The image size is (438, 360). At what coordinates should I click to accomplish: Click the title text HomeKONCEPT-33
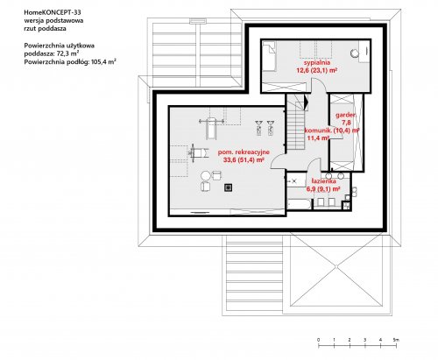pos(53,12)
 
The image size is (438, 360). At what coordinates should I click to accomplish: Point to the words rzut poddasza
pos(45,29)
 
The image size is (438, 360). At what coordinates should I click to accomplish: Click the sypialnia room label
pos(317,63)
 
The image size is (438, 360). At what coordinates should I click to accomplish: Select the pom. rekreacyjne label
pos(244,152)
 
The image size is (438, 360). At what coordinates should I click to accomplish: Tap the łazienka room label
pos(323,181)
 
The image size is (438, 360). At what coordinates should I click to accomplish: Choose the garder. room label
pos(345,115)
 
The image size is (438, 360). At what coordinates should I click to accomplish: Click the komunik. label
pos(318,131)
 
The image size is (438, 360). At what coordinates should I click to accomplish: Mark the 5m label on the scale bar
pos(396,340)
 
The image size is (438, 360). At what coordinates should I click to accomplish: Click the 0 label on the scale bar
pos(318,340)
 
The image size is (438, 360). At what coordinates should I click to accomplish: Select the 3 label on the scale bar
pos(365,340)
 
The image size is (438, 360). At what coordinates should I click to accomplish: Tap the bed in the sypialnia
pos(269,56)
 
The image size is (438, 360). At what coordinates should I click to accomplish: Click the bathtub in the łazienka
pos(300,204)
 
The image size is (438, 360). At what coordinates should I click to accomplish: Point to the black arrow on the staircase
pos(306,102)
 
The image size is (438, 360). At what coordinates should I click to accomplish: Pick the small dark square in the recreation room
pos(229,187)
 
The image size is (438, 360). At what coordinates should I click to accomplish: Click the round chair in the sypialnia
pos(354,53)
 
